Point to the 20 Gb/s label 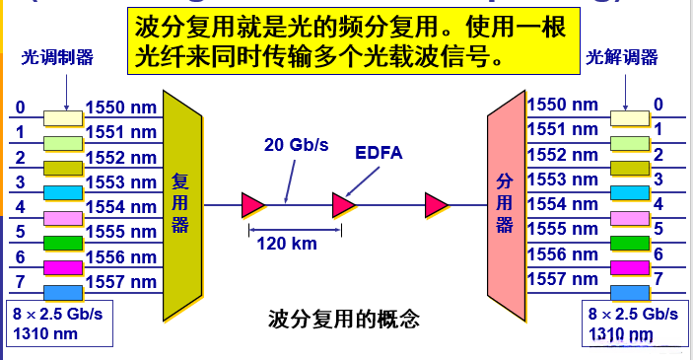pyautogui.click(x=296, y=145)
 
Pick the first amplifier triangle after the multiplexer pyautogui.click(x=253, y=205)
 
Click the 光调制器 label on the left pyautogui.click(x=57, y=58)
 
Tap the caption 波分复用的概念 pyautogui.click(x=344, y=320)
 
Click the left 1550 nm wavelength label pyautogui.click(x=121, y=106)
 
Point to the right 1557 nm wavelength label pyautogui.click(x=562, y=280)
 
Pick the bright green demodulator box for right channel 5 pyautogui.click(x=629, y=243)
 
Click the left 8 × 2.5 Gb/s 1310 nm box pyautogui.click(x=58, y=322)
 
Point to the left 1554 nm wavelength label pyautogui.click(x=121, y=206)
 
